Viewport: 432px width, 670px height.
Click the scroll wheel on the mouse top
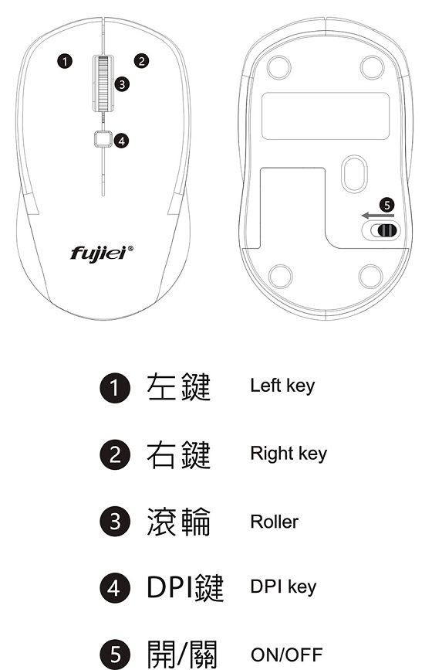click(103, 83)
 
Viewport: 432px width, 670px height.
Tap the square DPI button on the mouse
click(103, 138)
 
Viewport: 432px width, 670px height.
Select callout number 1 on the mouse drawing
click(64, 62)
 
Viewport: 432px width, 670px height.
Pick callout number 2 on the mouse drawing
click(142, 61)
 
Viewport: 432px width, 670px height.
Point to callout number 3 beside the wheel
click(122, 84)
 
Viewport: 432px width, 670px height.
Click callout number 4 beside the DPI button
click(122, 141)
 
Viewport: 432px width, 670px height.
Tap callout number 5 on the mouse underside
click(386, 205)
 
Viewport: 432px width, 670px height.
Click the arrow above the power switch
click(378, 216)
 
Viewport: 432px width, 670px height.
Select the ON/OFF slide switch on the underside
click(381, 230)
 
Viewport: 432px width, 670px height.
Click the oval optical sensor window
click(354, 174)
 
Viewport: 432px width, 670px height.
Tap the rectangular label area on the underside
click(326, 116)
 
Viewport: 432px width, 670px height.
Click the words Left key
click(282, 386)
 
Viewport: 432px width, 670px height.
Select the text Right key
click(289, 454)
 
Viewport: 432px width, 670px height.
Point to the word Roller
click(274, 522)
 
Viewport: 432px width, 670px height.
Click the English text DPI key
click(283, 587)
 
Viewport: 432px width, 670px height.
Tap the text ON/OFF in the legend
click(286, 655)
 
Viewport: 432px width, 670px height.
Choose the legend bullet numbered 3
click(115, 522)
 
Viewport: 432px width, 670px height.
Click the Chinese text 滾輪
click(179, 522)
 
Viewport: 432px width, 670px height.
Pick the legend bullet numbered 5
click(115, 654)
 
